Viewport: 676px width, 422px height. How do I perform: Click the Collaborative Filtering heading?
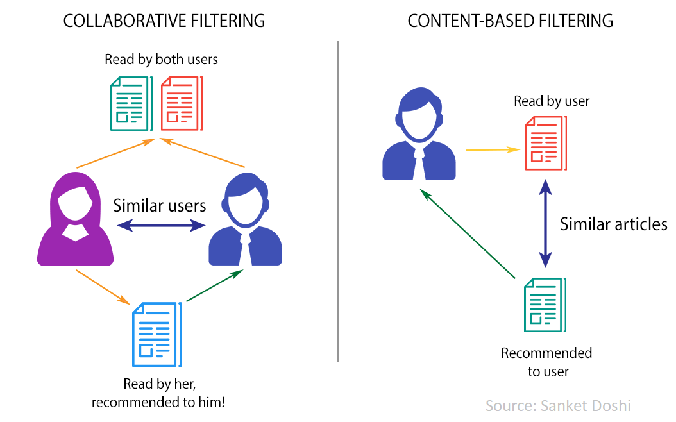[164, 21]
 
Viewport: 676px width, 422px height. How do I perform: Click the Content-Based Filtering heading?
[510, 21]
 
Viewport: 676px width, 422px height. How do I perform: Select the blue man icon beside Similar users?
[245, 221]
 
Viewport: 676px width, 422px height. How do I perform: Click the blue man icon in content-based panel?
[419, 136]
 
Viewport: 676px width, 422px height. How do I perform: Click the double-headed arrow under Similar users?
[160, 226]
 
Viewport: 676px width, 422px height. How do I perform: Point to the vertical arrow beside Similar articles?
[545, 223]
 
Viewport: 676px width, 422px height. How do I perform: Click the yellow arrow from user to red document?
[492, 149]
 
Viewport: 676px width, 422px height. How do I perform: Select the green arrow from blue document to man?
[214, 285]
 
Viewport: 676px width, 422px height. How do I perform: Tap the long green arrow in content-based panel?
[468, 234]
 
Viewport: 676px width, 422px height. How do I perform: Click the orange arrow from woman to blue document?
[99, 286]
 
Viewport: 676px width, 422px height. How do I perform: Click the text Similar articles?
[613, 224]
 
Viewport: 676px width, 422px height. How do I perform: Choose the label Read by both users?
[162, 60]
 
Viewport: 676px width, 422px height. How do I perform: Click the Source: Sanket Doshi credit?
[558, 405]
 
